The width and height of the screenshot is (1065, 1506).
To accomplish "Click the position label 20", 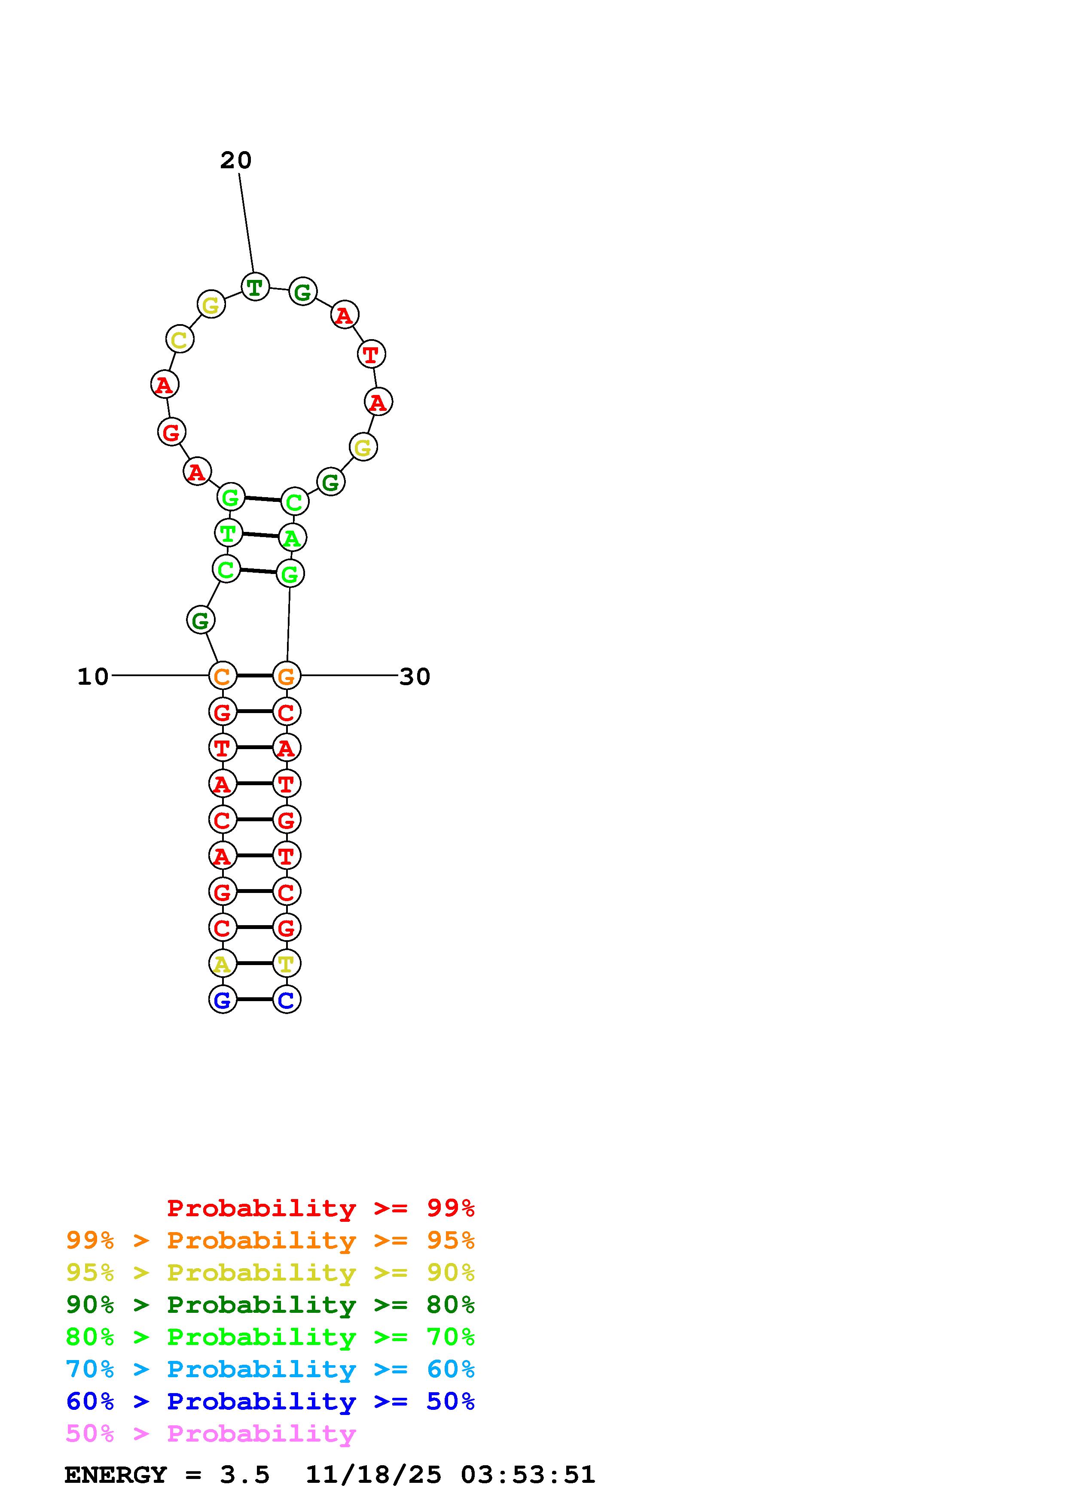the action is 235,160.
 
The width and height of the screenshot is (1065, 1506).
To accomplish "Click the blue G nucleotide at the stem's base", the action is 223,999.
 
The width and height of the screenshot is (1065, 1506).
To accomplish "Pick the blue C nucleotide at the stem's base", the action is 287,999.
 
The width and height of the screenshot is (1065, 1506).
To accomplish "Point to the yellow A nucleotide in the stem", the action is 223,963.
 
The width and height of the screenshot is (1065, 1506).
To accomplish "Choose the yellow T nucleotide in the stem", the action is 287,963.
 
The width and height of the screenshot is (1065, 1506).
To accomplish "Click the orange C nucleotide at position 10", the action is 223,676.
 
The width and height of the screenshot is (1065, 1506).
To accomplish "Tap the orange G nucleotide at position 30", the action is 287,676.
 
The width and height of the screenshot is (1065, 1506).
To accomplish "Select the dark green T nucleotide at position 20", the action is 255,287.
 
